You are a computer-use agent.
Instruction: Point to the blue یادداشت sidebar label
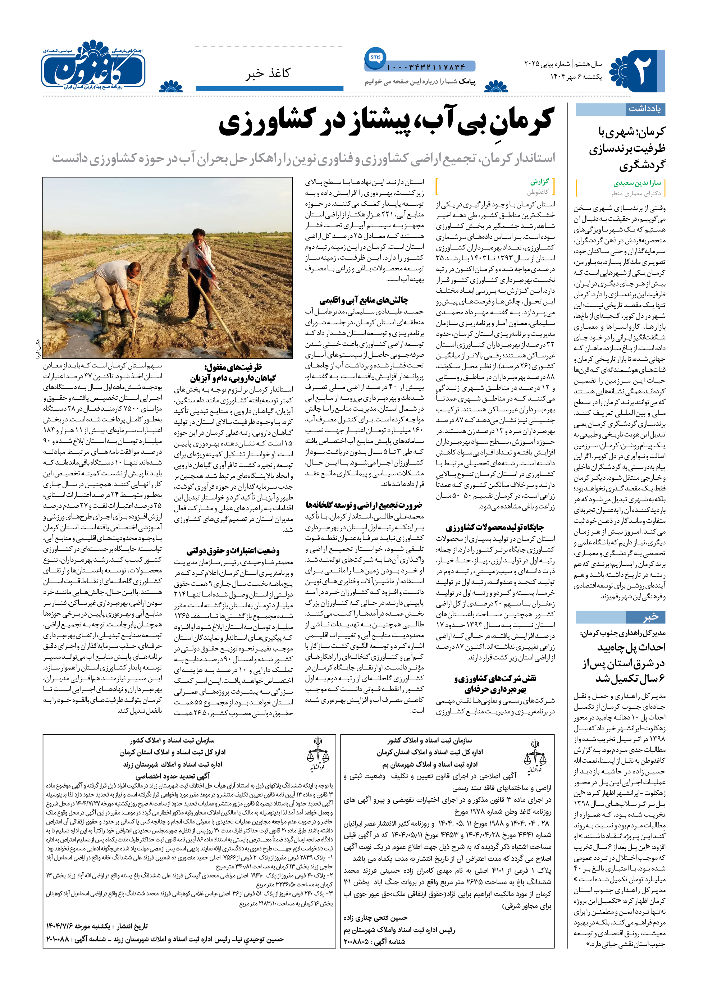click(644, 109)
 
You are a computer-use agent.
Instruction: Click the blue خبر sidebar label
click(650, 617)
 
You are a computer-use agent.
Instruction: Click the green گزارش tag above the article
click(539, 181)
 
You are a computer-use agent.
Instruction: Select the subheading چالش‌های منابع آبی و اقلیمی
click(364, 300)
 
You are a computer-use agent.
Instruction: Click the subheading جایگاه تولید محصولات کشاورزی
click(495, 527)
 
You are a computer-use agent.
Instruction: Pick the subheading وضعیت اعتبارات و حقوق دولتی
click(233, 551)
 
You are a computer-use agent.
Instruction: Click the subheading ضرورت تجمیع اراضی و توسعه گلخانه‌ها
click(364, 505)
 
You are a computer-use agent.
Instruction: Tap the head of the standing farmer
click(198, 236)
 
